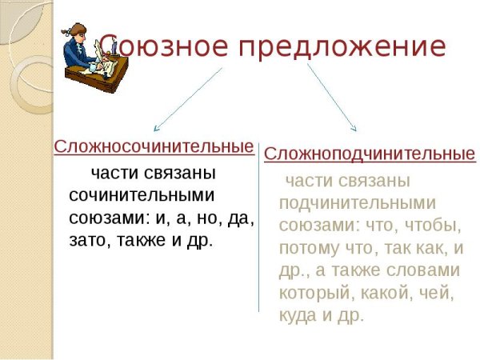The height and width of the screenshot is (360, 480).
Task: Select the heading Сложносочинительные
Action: [x=154, y=147]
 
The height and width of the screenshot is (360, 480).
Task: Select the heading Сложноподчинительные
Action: [x=370, y=153]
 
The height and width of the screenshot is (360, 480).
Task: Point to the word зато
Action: [x=87, y=239]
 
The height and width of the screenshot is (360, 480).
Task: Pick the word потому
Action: [x=309, y=247]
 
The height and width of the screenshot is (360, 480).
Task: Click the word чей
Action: [x=439, y=293]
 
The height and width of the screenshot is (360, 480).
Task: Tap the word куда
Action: [x=298, y=315]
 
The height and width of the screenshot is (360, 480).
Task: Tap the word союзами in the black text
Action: [x=100, y=217]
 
